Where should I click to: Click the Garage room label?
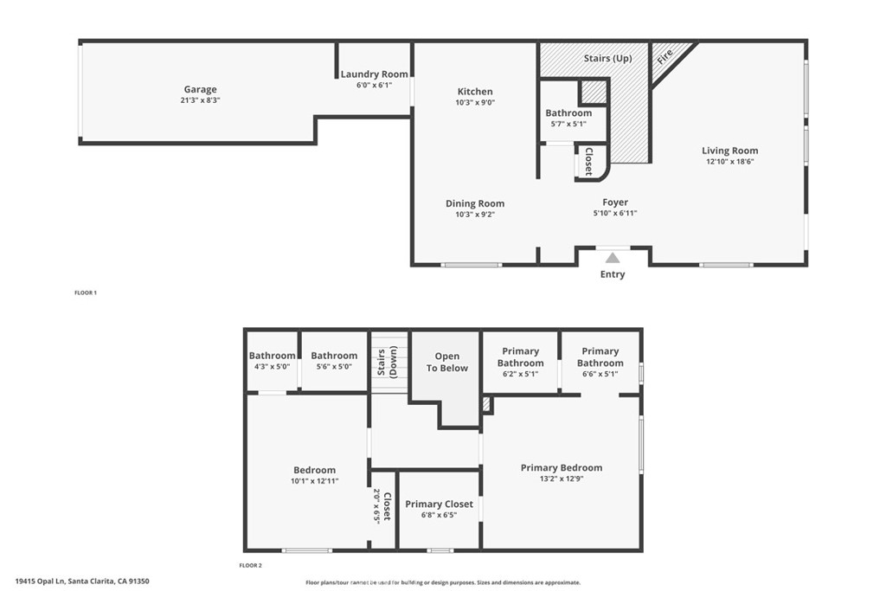point(200,89)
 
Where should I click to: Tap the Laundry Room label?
point(374,74)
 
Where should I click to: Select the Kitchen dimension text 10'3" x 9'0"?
point(475,102)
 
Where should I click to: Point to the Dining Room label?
point(475,203)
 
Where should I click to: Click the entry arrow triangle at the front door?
point(613,257)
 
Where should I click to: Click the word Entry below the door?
point(613,274)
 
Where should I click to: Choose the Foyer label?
point(615,202)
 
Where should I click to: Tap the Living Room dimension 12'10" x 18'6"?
point(729,161)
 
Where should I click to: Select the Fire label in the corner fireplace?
point(664,57)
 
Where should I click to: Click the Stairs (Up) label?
point(608,58)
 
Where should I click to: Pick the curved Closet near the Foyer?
point(588,162)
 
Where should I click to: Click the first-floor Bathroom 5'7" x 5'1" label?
point(568,112)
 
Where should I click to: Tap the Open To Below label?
point(446,362)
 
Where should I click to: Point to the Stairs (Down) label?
point(379,363)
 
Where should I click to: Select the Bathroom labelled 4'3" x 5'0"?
point(272,356)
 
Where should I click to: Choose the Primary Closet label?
point(439,504)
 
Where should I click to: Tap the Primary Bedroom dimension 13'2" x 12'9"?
point(562,479)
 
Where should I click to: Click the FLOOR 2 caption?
point(250,565)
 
